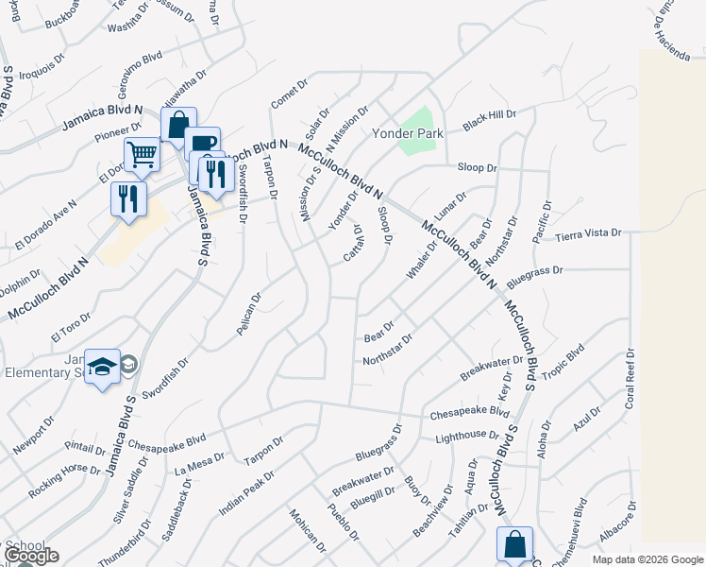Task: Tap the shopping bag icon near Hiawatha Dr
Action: (176, 124)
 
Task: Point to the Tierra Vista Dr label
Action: (589, 232)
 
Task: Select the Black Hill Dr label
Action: (489, 120)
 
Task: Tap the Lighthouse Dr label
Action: (466, 436)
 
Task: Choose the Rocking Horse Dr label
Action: (64, 471)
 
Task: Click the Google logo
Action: (31, 557)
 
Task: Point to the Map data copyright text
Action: (647, 559)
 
